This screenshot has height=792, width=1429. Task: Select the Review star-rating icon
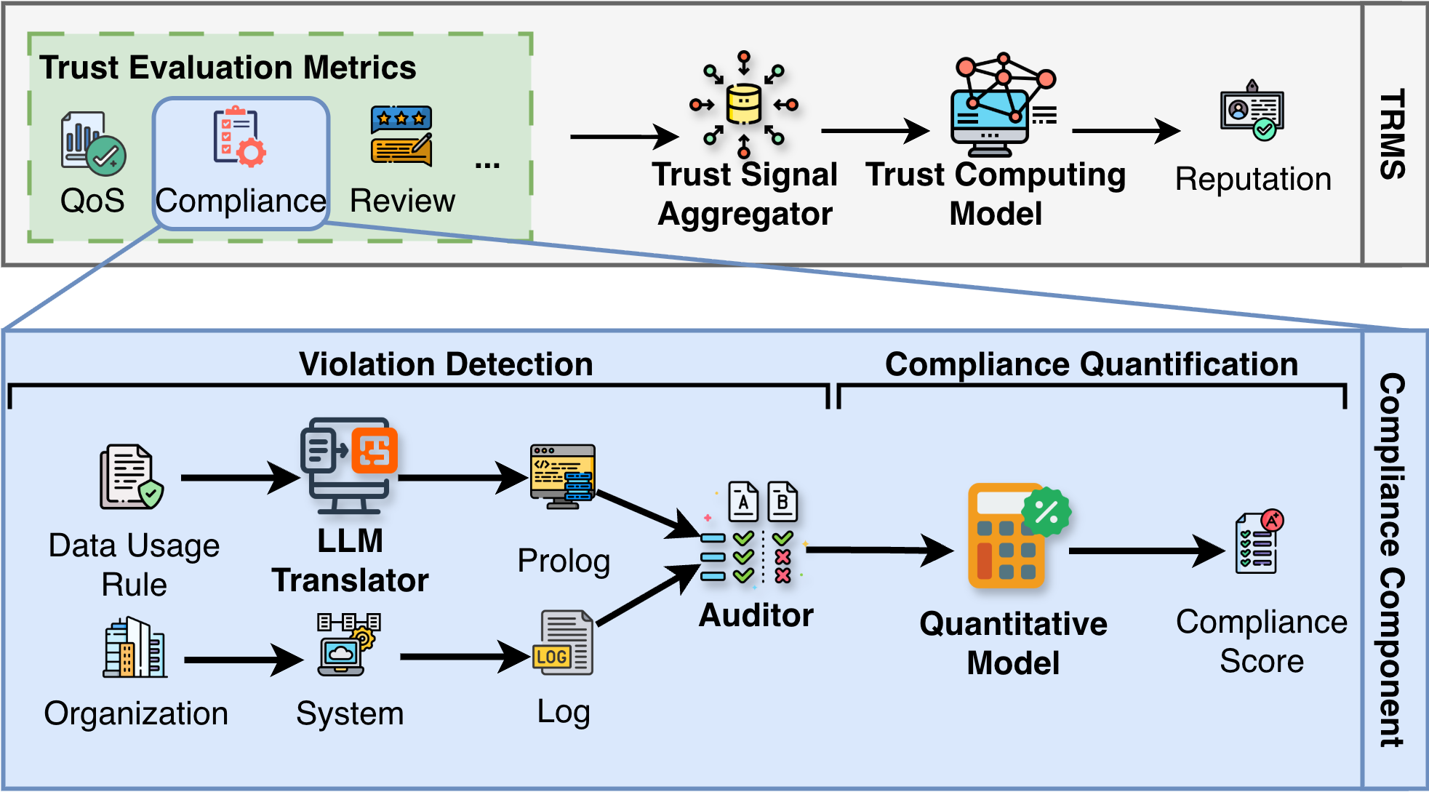(401, 136)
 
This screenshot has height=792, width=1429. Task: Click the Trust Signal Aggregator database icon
(744, 104)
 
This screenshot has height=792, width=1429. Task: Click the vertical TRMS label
(1393, 135)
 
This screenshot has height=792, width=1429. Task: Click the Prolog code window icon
(563, 476)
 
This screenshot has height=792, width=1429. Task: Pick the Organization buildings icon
(135, 647)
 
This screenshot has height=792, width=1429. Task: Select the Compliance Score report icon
(1259, 542)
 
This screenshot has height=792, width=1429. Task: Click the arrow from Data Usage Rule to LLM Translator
(239, 478)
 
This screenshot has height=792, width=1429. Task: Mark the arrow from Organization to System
(243, 660)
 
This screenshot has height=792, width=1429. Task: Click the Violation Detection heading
(446, 364)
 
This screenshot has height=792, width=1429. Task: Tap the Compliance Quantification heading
(1091, 364)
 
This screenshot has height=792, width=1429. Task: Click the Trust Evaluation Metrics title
(228, 68)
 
